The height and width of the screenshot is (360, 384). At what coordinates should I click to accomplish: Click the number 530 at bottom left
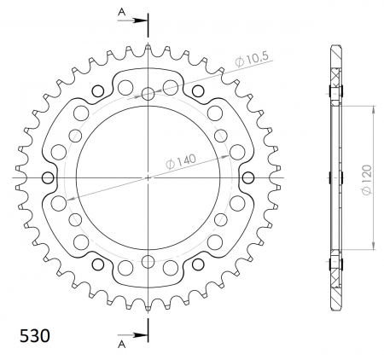pos(35,336)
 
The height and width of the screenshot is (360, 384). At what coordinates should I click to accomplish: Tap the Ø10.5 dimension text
pos(252,59)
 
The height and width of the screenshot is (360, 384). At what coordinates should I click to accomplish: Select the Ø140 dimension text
pos(181,162)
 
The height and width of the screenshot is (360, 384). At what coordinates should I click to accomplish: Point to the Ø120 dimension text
pos(366,180)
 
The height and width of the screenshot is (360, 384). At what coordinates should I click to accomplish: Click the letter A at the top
pos(122,12)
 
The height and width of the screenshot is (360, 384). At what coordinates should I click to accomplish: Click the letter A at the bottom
pos(122,345)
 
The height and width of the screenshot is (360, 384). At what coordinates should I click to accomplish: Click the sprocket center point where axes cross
pos(148,178)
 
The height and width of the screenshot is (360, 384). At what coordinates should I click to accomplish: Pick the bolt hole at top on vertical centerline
pos(148,94)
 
